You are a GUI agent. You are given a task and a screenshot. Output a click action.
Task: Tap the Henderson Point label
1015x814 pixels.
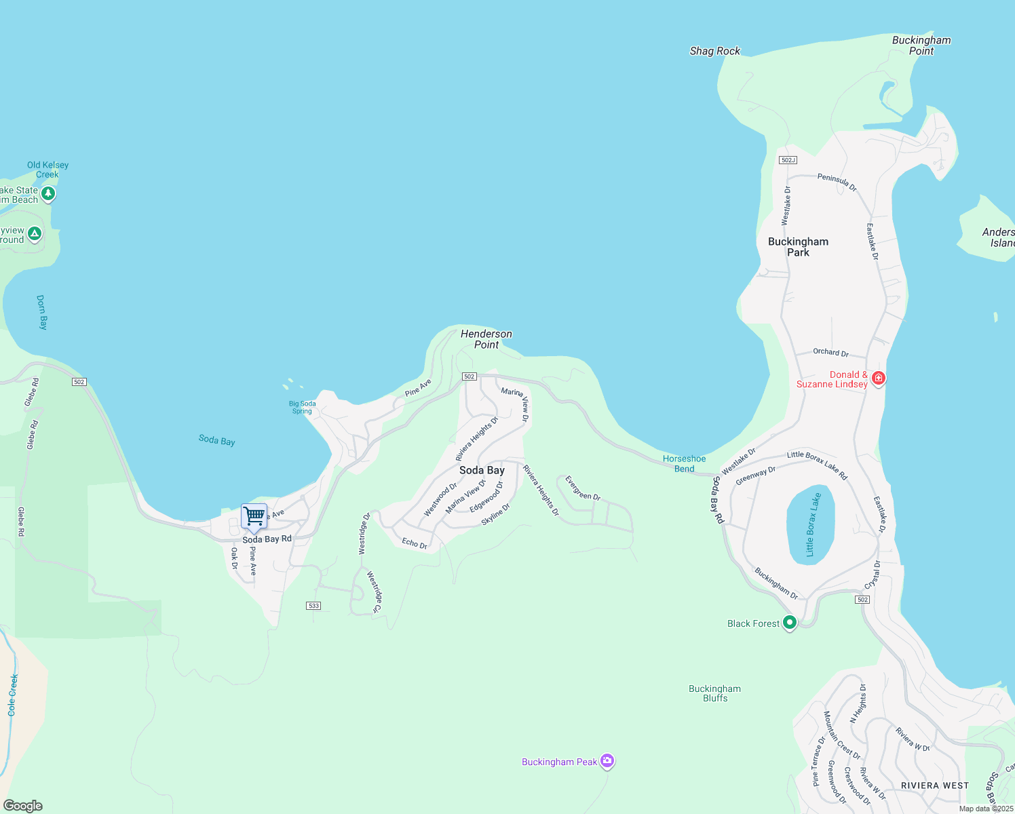[486, 339]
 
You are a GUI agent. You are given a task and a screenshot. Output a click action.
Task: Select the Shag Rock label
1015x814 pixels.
[714, 51]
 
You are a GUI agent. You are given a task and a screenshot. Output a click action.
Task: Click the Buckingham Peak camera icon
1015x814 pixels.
[607, 762]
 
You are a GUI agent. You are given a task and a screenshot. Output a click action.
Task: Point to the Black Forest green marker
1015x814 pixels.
[789, 623]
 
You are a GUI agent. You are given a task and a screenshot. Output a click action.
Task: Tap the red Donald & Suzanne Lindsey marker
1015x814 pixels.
[878, 379]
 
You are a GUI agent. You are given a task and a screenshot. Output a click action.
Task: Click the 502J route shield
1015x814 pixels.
[788, 160]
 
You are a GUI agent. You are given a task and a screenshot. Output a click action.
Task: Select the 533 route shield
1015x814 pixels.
[313, 606]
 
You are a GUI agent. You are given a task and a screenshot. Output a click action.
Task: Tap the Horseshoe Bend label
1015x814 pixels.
[684, 463]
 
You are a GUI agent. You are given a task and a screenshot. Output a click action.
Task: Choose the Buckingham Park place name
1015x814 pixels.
[798, 247]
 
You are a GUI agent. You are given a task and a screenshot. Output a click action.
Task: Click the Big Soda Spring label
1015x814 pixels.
[303, 407]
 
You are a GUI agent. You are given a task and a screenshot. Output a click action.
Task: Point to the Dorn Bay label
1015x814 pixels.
[42, 312]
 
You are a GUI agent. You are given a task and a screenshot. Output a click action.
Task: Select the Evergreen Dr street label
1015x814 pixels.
[583, 488]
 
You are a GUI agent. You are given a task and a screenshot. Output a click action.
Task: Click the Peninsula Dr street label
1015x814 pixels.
[837, 182]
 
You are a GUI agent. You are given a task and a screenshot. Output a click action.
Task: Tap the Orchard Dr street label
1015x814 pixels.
[830, 352]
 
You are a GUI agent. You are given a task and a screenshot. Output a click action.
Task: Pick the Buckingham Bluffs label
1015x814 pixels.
[714, 693]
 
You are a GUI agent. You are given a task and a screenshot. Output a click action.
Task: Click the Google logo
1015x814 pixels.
[22, 806]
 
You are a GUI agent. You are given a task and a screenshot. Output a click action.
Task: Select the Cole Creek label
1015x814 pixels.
[12, 695]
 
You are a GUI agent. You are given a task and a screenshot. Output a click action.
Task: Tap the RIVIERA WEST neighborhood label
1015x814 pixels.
[934, 786]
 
